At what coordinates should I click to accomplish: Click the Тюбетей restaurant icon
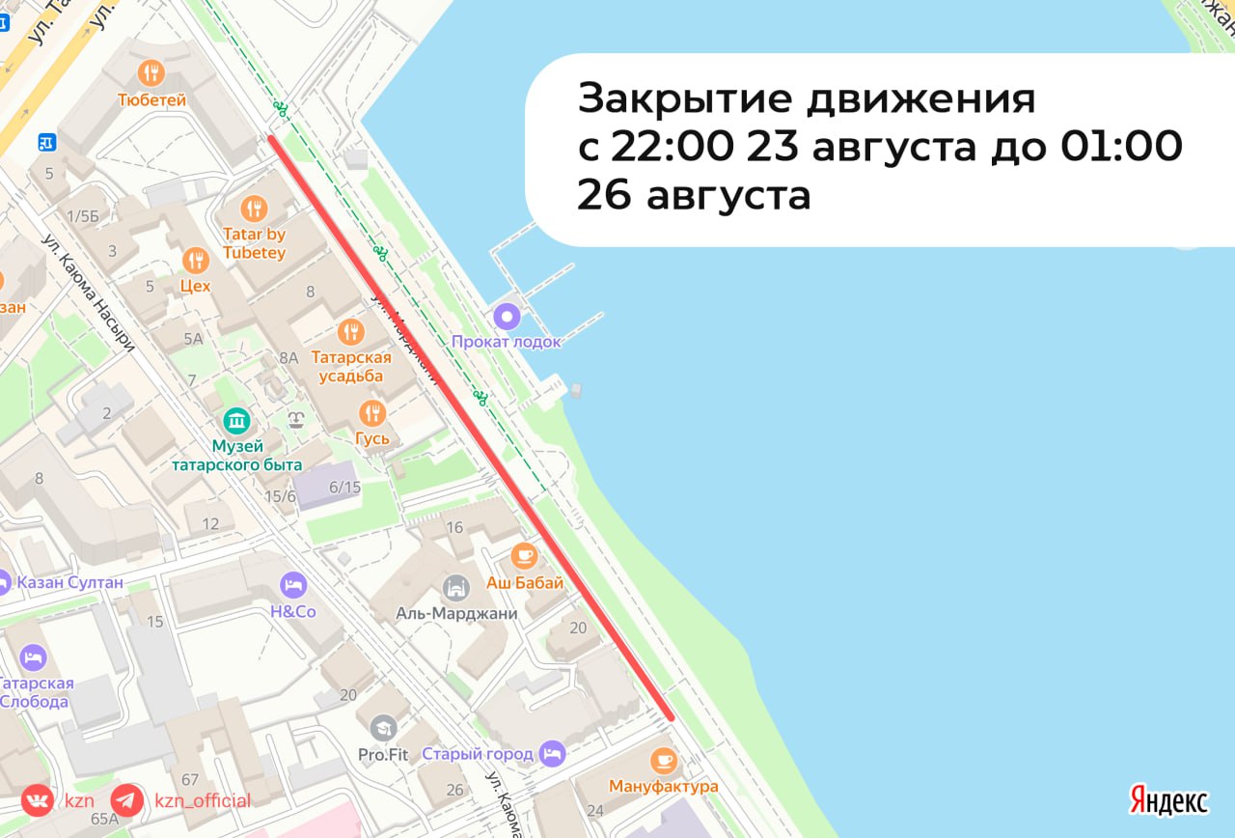[151, 72]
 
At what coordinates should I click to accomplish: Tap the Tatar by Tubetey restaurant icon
[254, 208]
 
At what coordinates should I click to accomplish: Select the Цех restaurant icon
[196, 261]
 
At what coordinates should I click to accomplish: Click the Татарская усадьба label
[351, 367]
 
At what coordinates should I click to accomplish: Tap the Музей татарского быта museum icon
[236, 421]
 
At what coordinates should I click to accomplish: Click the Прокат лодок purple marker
[507, 316]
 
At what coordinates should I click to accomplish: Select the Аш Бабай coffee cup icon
[524, 555]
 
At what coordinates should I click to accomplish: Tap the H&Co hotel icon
[293, 585]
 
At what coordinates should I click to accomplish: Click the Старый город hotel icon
[551, 751]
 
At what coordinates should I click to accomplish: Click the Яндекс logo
[1168, 799]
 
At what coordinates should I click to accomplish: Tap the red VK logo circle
[38, 800]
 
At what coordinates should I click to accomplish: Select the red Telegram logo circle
[127, 800]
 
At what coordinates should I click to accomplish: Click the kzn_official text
[203, 800]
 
